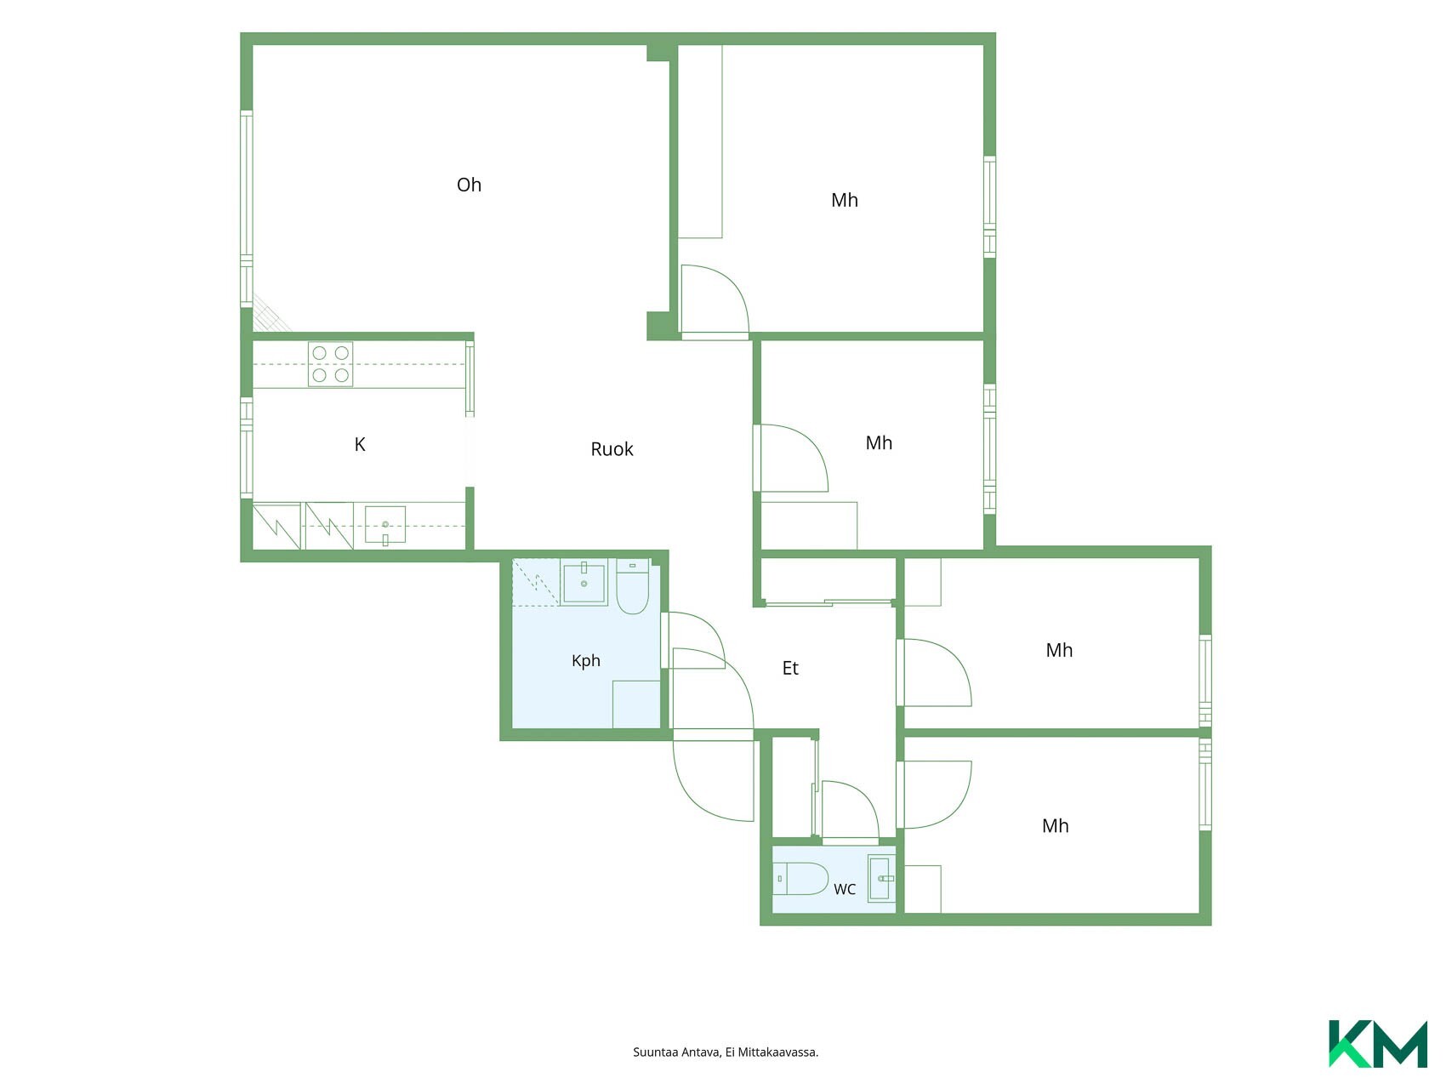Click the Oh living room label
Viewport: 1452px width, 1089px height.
(x=469, y=185)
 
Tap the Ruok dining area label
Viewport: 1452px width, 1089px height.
(x=612, y=449)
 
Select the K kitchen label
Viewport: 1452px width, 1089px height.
(x=360, y=444)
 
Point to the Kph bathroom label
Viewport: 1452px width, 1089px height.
(x=586, y=661)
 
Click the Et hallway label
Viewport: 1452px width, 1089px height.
(x=790, y=668)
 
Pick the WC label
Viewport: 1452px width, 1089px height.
(x=845, y=889)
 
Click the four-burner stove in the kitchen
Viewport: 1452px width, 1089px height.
(x=331, y=364)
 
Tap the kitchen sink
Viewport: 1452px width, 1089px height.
(x=385, y=525)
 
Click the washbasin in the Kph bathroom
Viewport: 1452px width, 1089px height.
(x=584, y=582)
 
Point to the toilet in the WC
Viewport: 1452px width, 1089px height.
(x=800, y=878)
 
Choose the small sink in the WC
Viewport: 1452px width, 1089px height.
(x=881, y=878)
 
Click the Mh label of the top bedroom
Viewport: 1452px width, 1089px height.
(x=845, y=200)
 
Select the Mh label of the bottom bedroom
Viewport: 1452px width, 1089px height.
(x=1056, y=825)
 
